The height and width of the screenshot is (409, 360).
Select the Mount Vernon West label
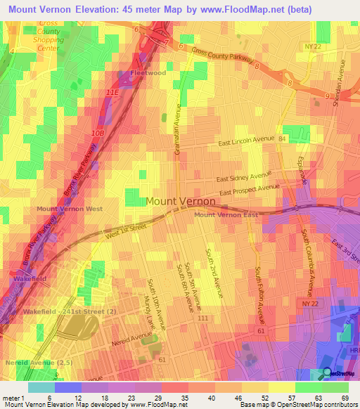pyautogui.click(x=70, y=209)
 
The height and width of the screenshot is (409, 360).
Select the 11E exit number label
pyautogui.click(x=111, y=91)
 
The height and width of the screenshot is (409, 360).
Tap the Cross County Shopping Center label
pyautogui.click(x=49, y=32)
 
